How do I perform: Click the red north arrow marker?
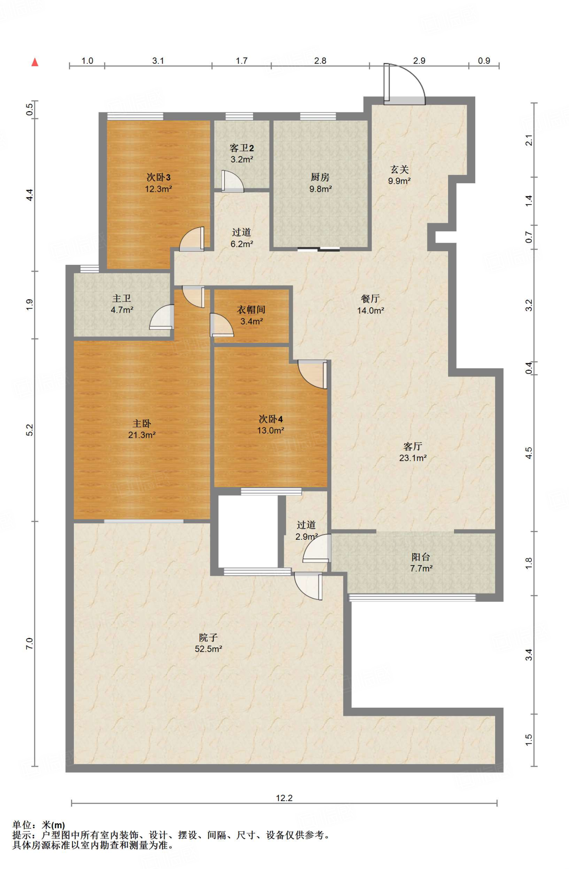point(35,62)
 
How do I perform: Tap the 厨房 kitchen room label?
point(320,177)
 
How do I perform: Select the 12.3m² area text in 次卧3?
point(158,189)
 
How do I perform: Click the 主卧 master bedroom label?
point(142,423)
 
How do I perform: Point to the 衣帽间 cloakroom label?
point(251,310)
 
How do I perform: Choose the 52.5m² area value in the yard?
point(208,649)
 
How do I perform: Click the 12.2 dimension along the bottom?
point(284,798)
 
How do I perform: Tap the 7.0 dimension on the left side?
point(29,644)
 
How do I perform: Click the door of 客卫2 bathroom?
point(232,182)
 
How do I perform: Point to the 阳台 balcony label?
point(420,557)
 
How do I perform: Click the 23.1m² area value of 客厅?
point(412,458)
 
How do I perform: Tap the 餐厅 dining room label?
point(370,299)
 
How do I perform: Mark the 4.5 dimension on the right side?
point(529,453)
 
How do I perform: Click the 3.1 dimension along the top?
point(158,61)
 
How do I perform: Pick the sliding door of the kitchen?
point(318,249)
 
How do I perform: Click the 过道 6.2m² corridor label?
point(241,238)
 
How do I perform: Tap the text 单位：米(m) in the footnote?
point(39,825)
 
